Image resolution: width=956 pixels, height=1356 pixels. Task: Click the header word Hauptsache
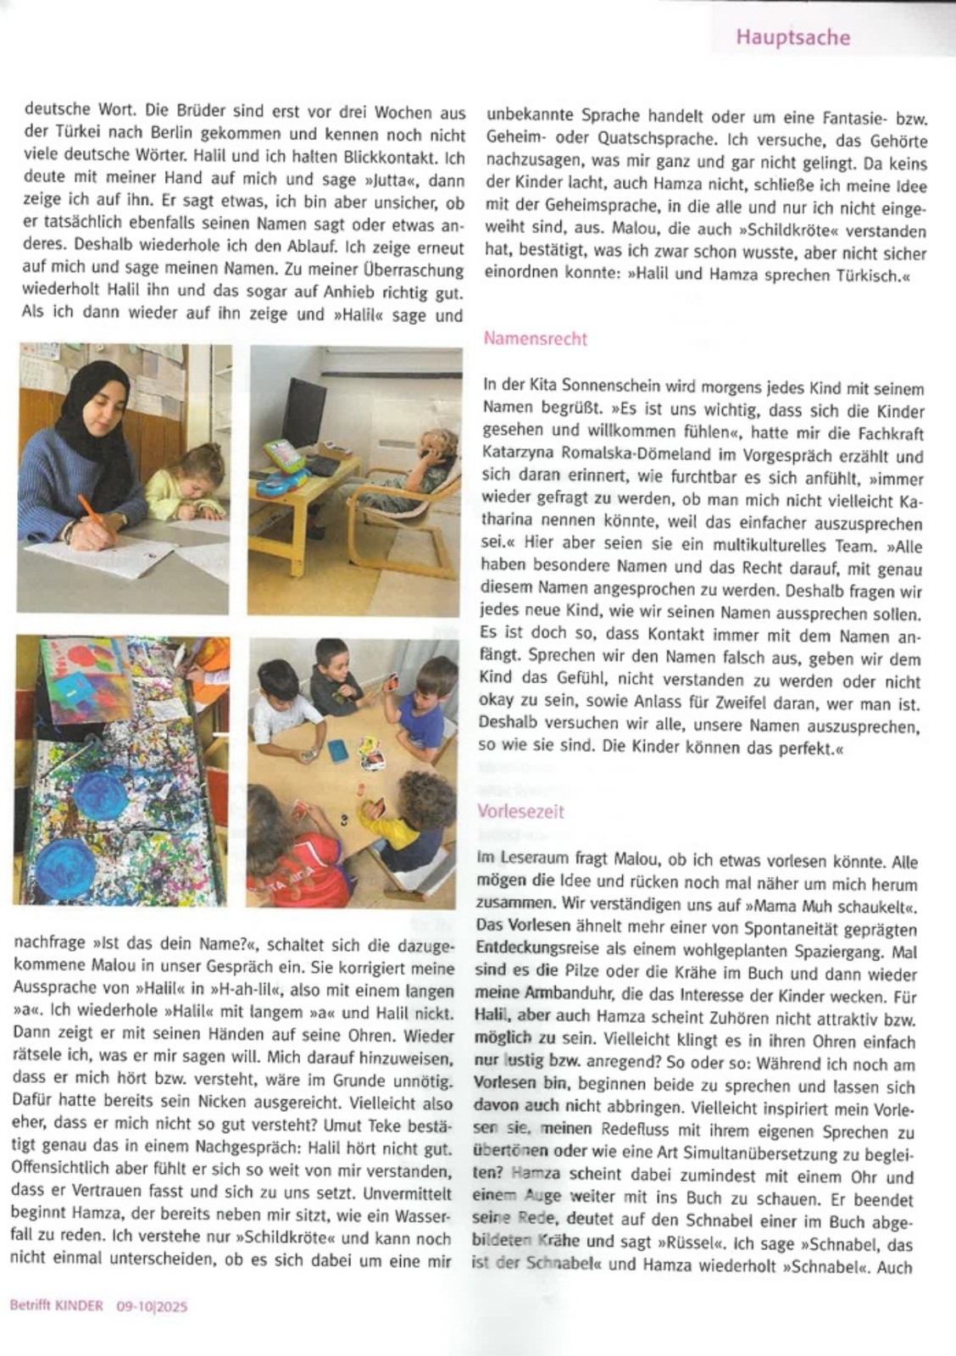[x=792, y=37]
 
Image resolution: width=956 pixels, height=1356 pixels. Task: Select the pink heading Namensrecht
[x=535, y=339]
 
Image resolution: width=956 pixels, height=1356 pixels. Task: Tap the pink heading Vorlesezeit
[x=520, y=811]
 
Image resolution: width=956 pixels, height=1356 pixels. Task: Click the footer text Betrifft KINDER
[x=57, y=1306]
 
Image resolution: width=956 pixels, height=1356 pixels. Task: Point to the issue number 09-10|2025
[x=152, y=1306]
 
